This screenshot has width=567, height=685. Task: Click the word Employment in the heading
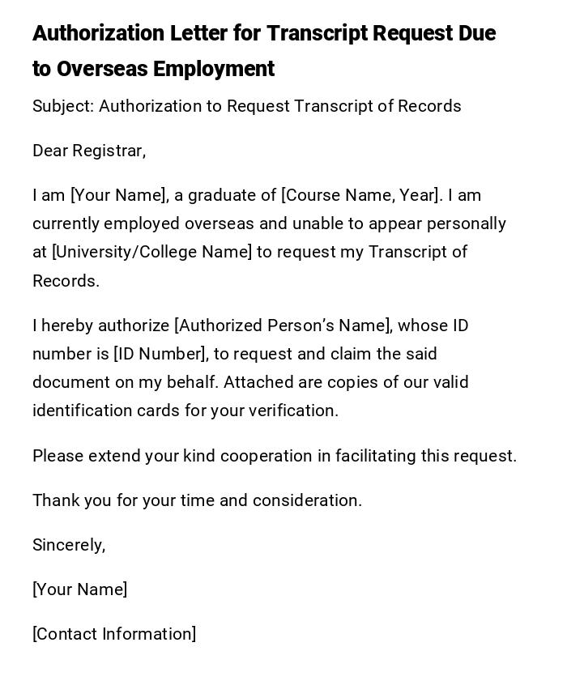click(x=214, y=69)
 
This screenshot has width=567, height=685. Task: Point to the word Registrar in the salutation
click(x=108, y=151)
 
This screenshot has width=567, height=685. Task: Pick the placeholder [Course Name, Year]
click(x=361, y=195)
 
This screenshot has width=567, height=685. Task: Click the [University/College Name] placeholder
click(x=152, y=252)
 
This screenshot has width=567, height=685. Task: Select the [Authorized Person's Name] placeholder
click(x=283, y=325)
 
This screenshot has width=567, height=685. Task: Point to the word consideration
click(x=307, y=500)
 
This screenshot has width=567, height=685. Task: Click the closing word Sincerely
click(x=69, y=545)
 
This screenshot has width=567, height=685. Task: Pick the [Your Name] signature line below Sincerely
click(x=79, y=589)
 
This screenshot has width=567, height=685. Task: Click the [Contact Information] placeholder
click(x=114, y=634)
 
